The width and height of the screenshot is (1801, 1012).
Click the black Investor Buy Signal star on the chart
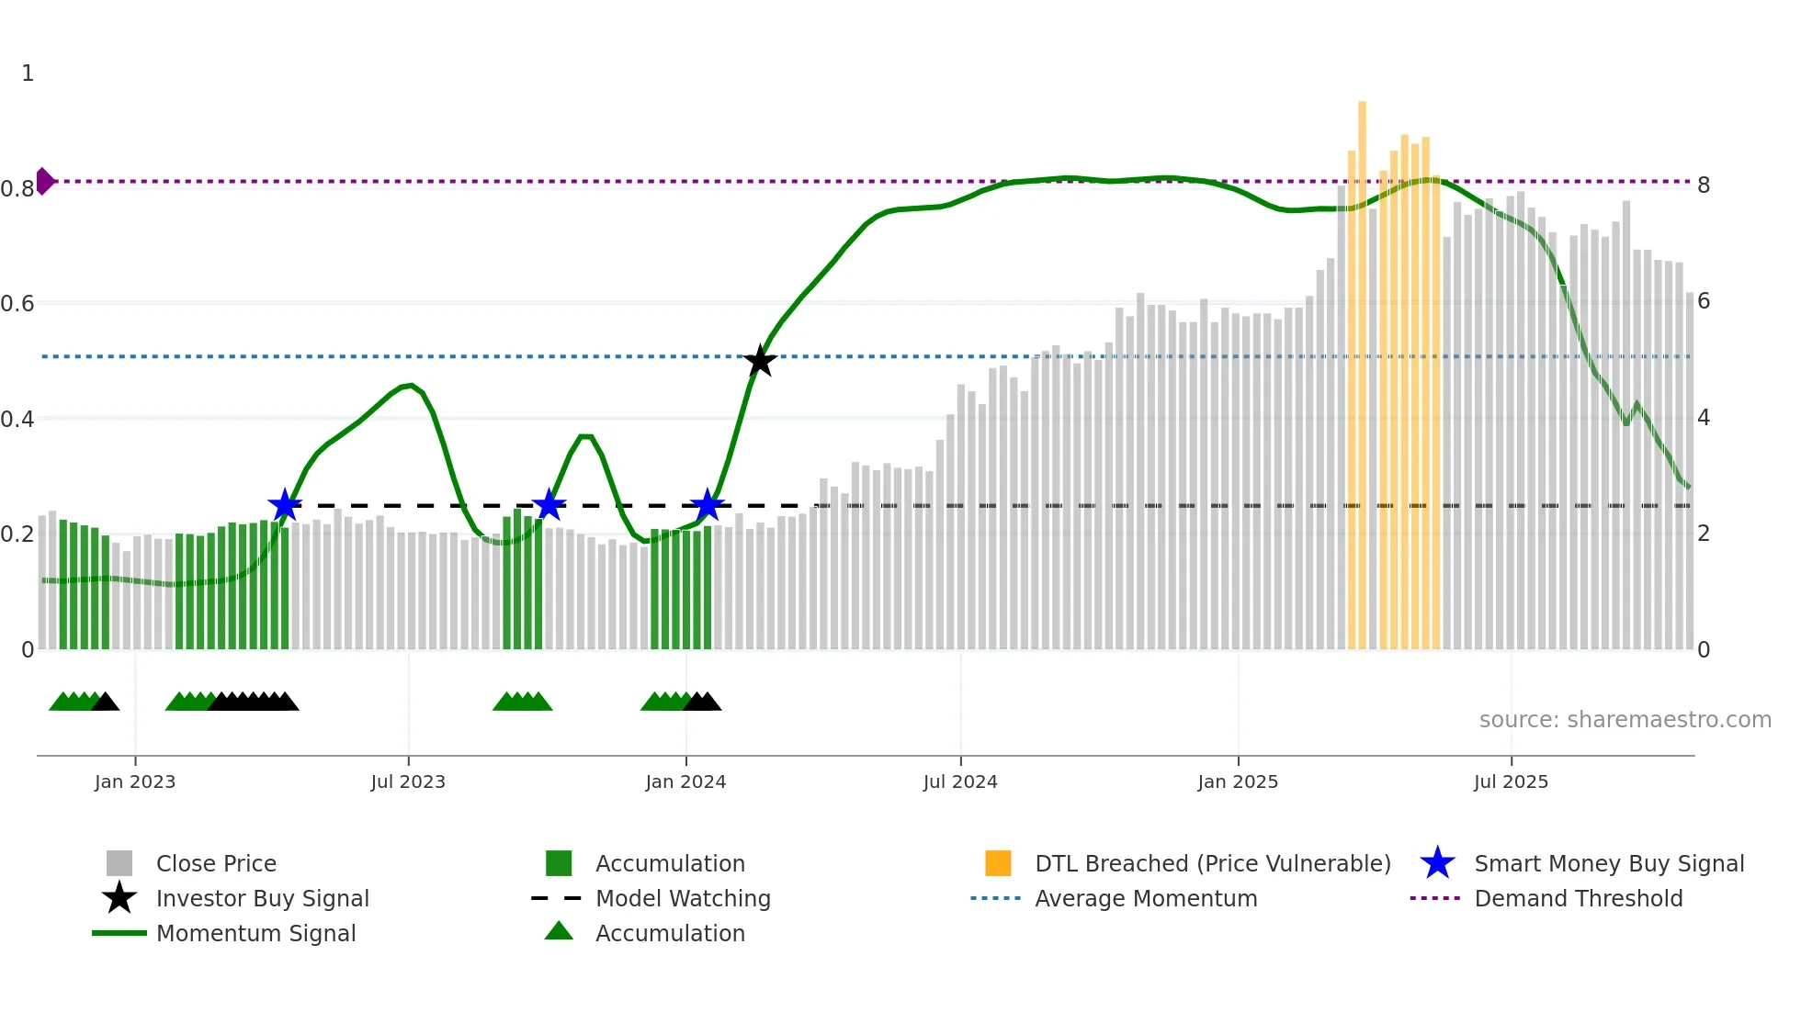[759, 361]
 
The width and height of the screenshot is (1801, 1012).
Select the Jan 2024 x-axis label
[685, 781]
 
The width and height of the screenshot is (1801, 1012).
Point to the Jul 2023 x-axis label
[408, 781]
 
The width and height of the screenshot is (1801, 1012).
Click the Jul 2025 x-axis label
[1511, 781]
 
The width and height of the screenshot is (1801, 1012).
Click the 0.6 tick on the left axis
[17, 303]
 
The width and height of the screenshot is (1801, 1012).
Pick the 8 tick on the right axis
[1704, 186]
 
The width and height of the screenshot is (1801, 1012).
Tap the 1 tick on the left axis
[28, 73]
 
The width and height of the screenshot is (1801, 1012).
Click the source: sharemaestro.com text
[1625, 719]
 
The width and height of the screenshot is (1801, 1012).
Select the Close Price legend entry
[216, 863]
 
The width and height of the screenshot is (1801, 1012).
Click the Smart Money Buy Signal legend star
[1437, 863]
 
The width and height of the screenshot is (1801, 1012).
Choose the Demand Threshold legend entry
[1578, 898]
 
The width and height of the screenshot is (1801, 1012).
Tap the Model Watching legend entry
[682, 898]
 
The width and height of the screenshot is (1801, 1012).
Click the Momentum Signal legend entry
[255, 933]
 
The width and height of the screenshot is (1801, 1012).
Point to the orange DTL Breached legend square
[998, 863]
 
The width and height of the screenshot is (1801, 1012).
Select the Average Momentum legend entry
[1145, 898]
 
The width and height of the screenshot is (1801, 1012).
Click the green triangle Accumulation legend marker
[559, 932]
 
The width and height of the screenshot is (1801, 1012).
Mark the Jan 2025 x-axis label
[1238, 781]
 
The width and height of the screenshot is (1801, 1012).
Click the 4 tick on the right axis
[1704, 418]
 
